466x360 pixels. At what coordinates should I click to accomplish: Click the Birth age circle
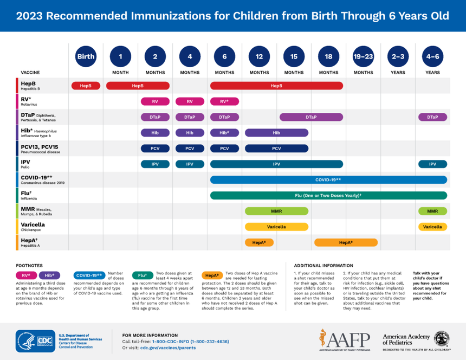click(x=86, y=56)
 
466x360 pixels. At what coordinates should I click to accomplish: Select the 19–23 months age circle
click(x=363, y=56)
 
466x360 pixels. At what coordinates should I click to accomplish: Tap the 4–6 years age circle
click(x=432, y=56)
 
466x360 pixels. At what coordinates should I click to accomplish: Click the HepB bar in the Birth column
click(x=86, y=86)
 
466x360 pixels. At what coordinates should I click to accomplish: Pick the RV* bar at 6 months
click(x=224, y=101)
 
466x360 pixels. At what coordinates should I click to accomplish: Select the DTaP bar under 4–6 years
click(x=432, y=117)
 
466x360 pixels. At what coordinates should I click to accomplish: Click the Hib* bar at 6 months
click(x=224, y=133)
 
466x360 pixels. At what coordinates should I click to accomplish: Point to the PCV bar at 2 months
click(x=155, y=149)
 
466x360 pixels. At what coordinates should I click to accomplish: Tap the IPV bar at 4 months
click(x=190, y=164)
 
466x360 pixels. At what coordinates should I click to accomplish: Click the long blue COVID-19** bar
click(x=328, y=180)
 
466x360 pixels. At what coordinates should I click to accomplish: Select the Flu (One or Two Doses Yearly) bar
click(x=328, y=196)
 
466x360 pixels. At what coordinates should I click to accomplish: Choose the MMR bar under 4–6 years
click(x=432, y=211)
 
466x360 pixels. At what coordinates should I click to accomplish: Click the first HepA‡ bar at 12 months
click(x=259, y=243)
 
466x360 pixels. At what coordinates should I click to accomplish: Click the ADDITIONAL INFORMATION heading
click(x=323, y=266)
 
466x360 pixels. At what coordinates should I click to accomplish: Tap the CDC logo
click(x=36, y=341)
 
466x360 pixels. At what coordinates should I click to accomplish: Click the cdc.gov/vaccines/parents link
click(x=168, y=348)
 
